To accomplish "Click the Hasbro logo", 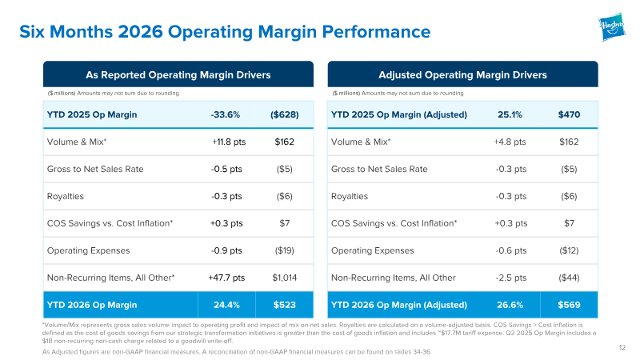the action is click(x=612, y=26).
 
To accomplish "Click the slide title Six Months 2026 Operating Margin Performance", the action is click(x=225, y=32).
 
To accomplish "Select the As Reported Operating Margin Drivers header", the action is click(x=178, y=74).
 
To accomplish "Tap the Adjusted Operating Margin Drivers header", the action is click(x=462, y=74).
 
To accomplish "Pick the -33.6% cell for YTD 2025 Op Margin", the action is click(x=226, y=114).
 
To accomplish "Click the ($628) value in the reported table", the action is click(x=285, y=114).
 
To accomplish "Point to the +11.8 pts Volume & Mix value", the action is click(x=229, y=142).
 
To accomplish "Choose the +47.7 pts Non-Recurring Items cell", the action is click(x=226, y=278).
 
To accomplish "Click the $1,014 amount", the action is click(x=285, y=278).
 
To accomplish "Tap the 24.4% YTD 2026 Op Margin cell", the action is click(x=226, y=305).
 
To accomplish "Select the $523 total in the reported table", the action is click(x=285, y=305).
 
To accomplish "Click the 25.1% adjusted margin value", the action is click(x=510, y=114).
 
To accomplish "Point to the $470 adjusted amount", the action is click(x=569, y=114).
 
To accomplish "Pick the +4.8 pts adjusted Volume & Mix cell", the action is click(x=510, y=142).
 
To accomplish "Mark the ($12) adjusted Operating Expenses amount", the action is click(x=569, y=250).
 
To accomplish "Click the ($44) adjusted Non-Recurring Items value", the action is click(x=569, y=278).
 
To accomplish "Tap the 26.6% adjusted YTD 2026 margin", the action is click(x=510, y=305).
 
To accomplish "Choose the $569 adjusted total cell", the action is click(x=569, y=305).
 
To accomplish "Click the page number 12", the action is click(x=622, y=348).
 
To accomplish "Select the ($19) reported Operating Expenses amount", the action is click(x=285, y=250).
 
